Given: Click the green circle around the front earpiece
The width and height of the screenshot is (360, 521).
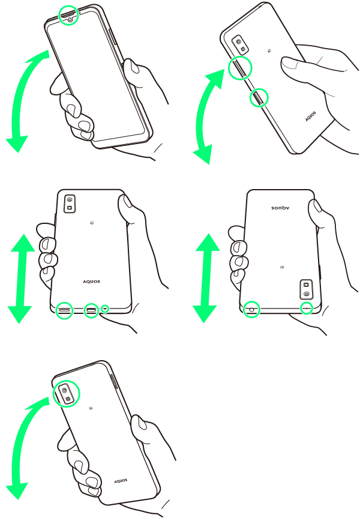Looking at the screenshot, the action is [59, 15].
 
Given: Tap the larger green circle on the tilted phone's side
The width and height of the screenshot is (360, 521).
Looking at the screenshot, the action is [229, 68].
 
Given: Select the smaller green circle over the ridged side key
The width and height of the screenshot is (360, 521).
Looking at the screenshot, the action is [250, 98].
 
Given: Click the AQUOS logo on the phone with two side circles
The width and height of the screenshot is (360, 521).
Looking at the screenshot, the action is [311, 116].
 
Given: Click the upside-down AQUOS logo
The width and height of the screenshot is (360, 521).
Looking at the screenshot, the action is [281, 208].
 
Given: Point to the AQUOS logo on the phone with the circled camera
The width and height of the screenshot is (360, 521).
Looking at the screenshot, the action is [121, 481].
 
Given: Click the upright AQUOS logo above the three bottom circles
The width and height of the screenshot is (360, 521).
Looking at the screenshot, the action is [91, 282].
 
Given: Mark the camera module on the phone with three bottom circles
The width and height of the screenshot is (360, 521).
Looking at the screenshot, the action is [70, 203].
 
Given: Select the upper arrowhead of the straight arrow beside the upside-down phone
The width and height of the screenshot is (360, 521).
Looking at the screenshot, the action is [208, 242].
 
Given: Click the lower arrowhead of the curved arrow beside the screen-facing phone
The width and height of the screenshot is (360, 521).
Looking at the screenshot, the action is [17, 144].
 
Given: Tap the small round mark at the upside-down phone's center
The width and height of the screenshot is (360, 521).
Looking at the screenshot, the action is [281, 267].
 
